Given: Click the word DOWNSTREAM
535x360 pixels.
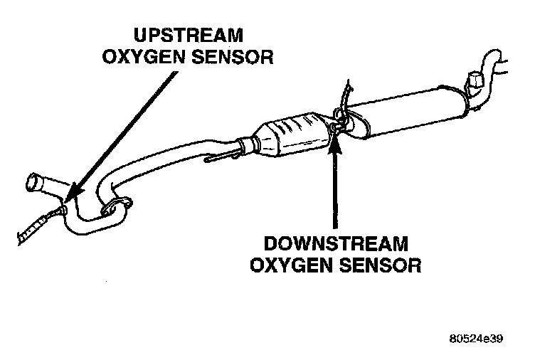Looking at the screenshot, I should click(x=335, y=244).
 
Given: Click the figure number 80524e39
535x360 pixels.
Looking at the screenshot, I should click(x=476, y=339).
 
